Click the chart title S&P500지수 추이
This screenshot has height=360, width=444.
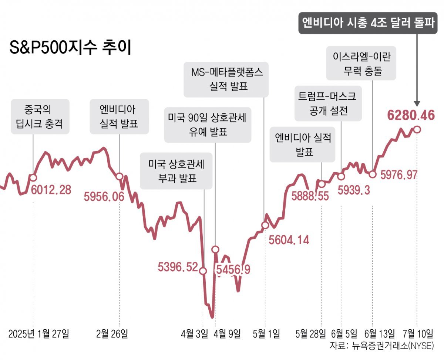pos(70,48)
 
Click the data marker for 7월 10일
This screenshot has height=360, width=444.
pos(417,129)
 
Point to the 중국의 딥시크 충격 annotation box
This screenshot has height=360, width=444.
pos(40,116)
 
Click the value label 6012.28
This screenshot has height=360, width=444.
pos(51,190)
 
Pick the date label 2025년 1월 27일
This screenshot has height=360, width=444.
pos(38,334)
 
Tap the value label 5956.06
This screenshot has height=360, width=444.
pos(104,197)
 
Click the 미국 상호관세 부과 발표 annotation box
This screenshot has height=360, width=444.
pos(176,171)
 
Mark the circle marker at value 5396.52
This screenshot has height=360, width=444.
pos(203,271)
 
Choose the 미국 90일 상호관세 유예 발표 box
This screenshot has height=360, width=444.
pos(208,125)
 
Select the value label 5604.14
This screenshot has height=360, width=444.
pos(289,240)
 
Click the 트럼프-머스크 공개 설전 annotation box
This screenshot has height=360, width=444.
pos(328,104)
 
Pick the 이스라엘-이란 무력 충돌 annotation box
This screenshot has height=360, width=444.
pos(361,63)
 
